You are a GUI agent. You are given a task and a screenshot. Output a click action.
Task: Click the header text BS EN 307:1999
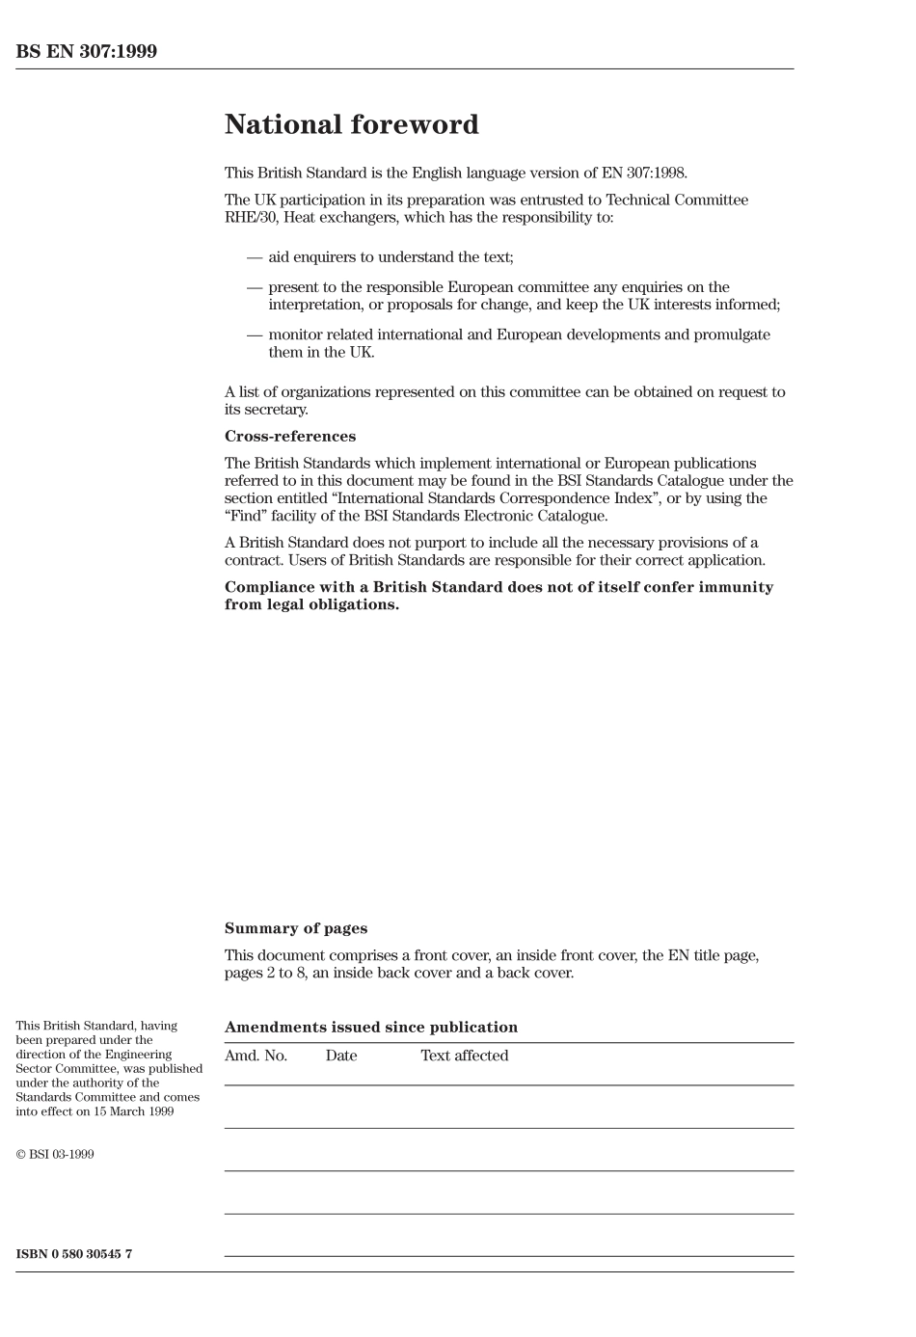click(86, 52)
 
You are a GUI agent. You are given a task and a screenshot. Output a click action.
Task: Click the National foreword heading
click(351, 125)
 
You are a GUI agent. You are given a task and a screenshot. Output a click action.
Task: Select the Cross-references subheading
click(289, 437)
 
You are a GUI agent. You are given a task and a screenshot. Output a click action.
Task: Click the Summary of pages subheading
click(295, 928)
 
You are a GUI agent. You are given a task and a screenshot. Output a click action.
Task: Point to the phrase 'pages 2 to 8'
click(265, 973)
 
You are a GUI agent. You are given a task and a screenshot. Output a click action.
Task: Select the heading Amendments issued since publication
click(370, 1028)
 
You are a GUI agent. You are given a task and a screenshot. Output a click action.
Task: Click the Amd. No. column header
click(256, 1056)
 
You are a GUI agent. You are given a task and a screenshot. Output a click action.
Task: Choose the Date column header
click(340, 1056)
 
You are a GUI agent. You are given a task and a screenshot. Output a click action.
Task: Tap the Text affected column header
click(464, 1056)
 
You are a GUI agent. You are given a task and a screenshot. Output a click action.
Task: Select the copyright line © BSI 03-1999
click(55, 1154)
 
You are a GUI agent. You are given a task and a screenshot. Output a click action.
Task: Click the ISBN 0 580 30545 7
click(74, 1254)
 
